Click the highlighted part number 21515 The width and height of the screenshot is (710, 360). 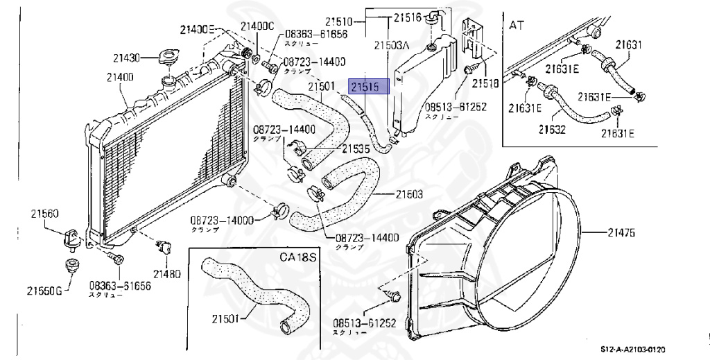pyautogui.click(x=369, y=86)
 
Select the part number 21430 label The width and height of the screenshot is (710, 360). pyautogui.click(x=128, y=57)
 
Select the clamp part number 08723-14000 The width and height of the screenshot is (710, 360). pyautogui.click(x=223, y=221)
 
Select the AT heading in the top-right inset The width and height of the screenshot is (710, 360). pyautogui.click(x=517, y=25)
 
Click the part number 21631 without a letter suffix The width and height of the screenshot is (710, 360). pyautogui.click(x=629, y=45)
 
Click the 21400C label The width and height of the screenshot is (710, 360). pyautogui.click(x=257, y=26)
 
